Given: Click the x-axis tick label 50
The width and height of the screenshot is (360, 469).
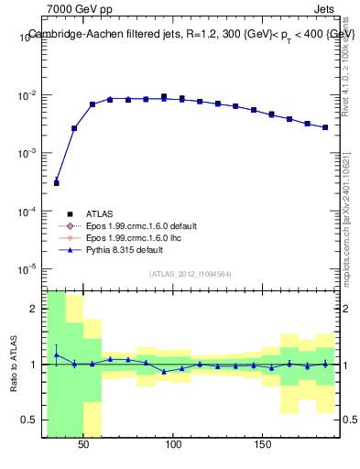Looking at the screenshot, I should [x=83, y=444].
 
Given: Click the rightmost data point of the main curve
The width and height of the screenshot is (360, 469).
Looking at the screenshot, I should [x=325, y=127].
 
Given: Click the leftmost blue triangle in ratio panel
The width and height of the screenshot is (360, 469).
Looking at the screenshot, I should [x=57, y=354].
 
